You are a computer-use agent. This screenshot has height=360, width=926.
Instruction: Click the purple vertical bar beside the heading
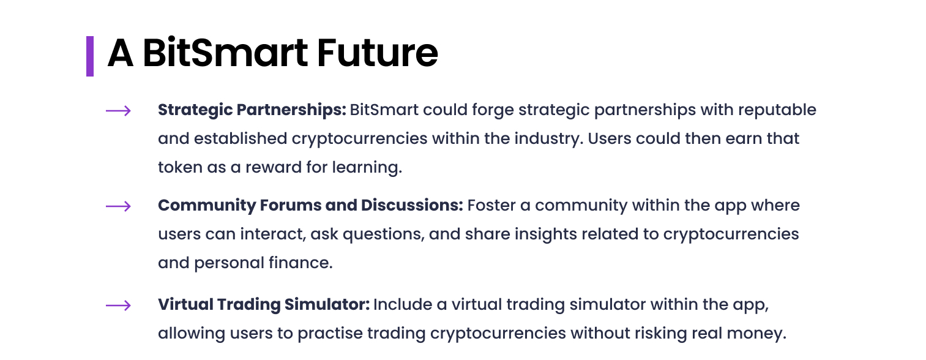(x=90, y=56)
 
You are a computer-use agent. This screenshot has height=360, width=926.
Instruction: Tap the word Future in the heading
(x=377, y=53)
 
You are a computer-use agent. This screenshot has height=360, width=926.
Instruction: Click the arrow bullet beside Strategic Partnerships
(x=118, y=111)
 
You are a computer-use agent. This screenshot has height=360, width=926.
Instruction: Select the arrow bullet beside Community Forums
(x=118, y=206)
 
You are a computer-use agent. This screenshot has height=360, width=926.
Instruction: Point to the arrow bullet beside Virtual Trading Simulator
(x=118, y=306)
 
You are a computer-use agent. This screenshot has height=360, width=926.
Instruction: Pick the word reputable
(x=777, y=110)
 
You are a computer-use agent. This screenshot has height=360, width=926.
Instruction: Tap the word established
(x=241, y=138)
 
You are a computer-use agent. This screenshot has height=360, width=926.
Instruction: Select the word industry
(x=548, y=139)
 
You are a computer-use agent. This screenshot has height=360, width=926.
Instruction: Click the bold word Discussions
(x=412, y=206)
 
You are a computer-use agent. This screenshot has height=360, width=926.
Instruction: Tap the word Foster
(x=491, y=206)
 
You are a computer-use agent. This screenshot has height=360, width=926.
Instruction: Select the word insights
(x=546, y=234)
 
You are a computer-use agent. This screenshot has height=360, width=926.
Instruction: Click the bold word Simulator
(x=327, y=305)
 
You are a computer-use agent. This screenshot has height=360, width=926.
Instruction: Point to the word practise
(x=330, y=334)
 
